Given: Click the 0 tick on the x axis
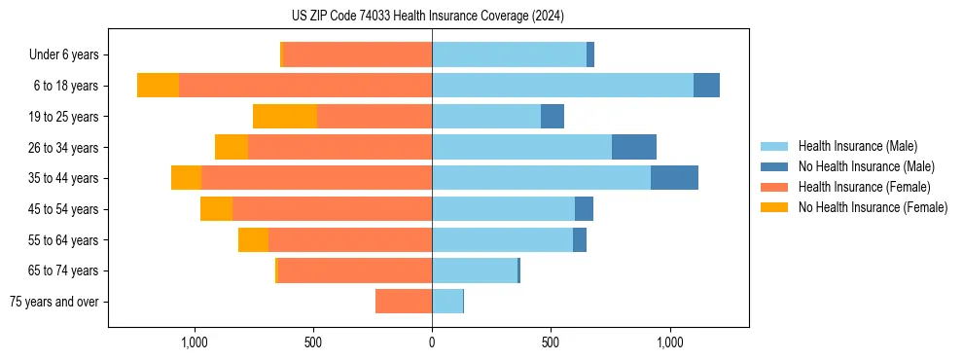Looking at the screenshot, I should click(432, 342).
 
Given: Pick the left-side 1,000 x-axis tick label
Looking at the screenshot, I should click(195, 342).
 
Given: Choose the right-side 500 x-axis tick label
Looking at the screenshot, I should click(551, 342).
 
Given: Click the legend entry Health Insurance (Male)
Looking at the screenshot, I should click(857, 146).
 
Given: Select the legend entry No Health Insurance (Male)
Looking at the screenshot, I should click(866, 166).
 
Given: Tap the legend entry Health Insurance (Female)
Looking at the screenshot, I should click(864, 187).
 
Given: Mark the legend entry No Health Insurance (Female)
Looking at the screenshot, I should click(873, 207).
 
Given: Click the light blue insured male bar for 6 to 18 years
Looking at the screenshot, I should click(562, 86).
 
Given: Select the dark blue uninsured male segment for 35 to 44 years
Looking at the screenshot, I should click(674, 178).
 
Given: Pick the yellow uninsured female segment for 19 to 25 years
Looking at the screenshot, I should click(285, 117).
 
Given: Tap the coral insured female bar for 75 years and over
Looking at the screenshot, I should click(404, 302).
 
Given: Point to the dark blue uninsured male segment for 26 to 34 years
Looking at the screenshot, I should click(634, 147).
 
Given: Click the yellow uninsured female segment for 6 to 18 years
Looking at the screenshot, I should click(158, 86).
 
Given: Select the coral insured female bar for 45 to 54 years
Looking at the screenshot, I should click(332, 209).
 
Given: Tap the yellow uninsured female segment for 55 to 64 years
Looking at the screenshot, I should click(253, 240).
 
